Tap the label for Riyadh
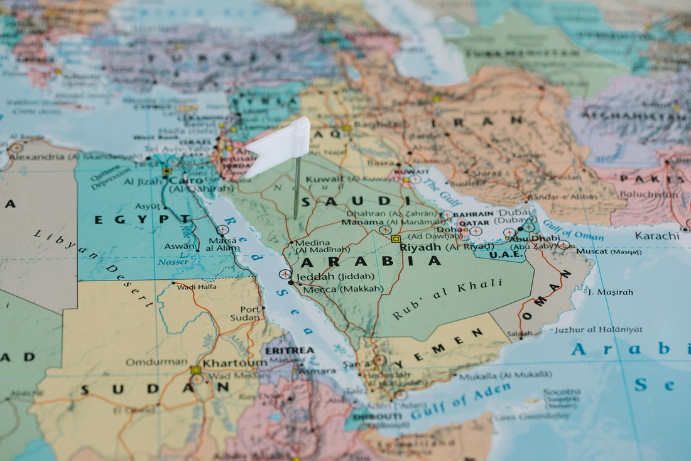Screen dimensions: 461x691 click(x=421, y=247)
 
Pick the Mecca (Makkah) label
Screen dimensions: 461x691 click(x=343, y=289)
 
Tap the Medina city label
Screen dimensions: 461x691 click(x=312, y=243)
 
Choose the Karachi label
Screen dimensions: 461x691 click(x=656, y=236)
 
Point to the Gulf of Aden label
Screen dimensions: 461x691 click(x=467, y=399)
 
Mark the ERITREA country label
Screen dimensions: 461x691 click(x=290, y=350)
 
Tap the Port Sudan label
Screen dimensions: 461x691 click(x=251, y=313)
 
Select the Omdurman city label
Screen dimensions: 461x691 click(x=156, y=362)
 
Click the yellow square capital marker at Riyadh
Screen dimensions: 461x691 click(x=396, y=239)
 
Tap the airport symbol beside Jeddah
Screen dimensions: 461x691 click(x=285, y=274)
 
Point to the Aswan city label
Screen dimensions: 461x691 click(x=180, y=247)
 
